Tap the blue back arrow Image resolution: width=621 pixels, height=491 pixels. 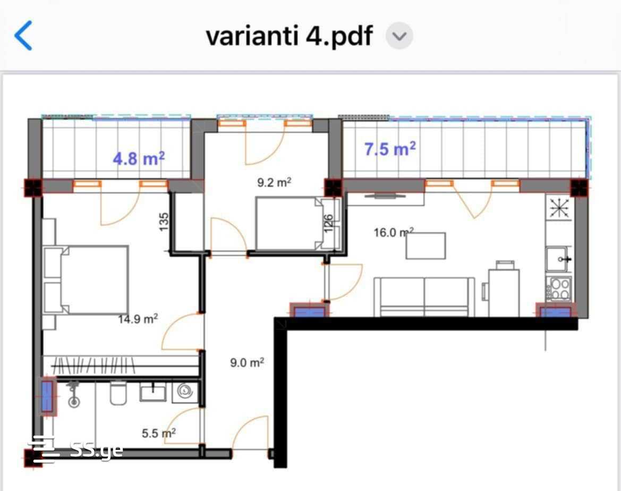point(23,36)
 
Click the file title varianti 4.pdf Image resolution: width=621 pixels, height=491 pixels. point(289,36)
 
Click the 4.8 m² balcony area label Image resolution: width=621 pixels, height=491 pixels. point(139,158)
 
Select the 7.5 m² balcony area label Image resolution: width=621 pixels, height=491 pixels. point(390,149)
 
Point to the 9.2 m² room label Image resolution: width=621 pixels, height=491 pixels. point(274,182)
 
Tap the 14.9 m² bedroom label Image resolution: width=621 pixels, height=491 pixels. point(138,319)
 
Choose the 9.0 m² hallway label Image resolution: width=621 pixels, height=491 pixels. point(247,362)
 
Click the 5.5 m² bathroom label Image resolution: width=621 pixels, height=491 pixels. point(159,433)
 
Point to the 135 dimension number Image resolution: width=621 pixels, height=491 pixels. point(164,222)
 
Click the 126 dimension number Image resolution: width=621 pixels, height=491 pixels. point(328,224)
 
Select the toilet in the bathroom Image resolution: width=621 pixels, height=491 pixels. point(118,393)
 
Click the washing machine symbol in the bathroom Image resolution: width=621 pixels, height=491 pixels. point(185,392)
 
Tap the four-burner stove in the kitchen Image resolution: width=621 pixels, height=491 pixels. point(559,289)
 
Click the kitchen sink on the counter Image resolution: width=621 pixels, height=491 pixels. point(559,259)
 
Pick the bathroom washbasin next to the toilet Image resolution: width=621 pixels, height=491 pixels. point(153,391)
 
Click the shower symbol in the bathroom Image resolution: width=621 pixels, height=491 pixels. point(73,394)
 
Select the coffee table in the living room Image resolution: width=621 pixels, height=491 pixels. point(426,246)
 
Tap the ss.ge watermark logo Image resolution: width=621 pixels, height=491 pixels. point(75,450)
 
